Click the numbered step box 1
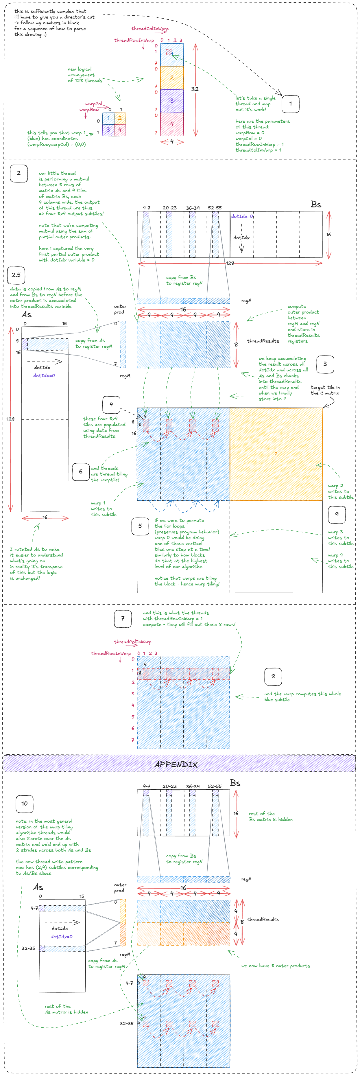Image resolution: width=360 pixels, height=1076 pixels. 290,103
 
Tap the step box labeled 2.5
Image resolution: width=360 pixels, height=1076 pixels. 16,275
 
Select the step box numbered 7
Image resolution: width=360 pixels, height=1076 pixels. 123,619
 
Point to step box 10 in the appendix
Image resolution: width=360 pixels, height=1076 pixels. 24,803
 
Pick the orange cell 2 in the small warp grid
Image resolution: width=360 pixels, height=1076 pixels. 120,118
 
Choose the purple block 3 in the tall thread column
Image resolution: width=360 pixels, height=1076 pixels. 172,101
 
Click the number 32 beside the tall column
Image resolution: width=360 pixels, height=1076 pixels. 195,89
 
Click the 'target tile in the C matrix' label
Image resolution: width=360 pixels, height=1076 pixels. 325,390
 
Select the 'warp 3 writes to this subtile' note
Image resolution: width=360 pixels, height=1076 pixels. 340,538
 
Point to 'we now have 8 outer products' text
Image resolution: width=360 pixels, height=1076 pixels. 276,966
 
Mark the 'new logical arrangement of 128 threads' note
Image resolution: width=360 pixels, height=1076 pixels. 85,75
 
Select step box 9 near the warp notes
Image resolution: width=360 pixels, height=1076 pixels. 337,514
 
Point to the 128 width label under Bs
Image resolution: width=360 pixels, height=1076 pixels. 230,263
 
